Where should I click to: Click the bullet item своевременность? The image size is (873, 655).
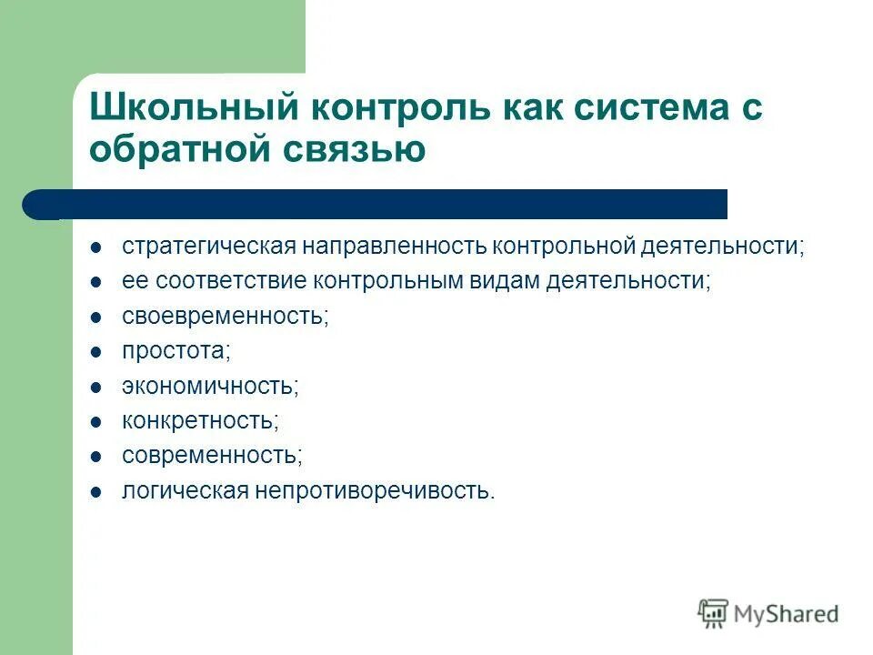tap(225, 316)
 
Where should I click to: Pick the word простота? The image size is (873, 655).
tap(176, 351)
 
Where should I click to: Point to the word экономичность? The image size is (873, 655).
tap(210, 386)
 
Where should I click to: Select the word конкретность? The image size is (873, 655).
tap(200, 421)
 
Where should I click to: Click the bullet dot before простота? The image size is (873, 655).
tap(95, 352)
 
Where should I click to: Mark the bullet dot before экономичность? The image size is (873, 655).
tap(95, 387)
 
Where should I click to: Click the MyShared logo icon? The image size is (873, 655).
tap(714, 614)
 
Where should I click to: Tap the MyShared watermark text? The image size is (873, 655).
tap(786, 615)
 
